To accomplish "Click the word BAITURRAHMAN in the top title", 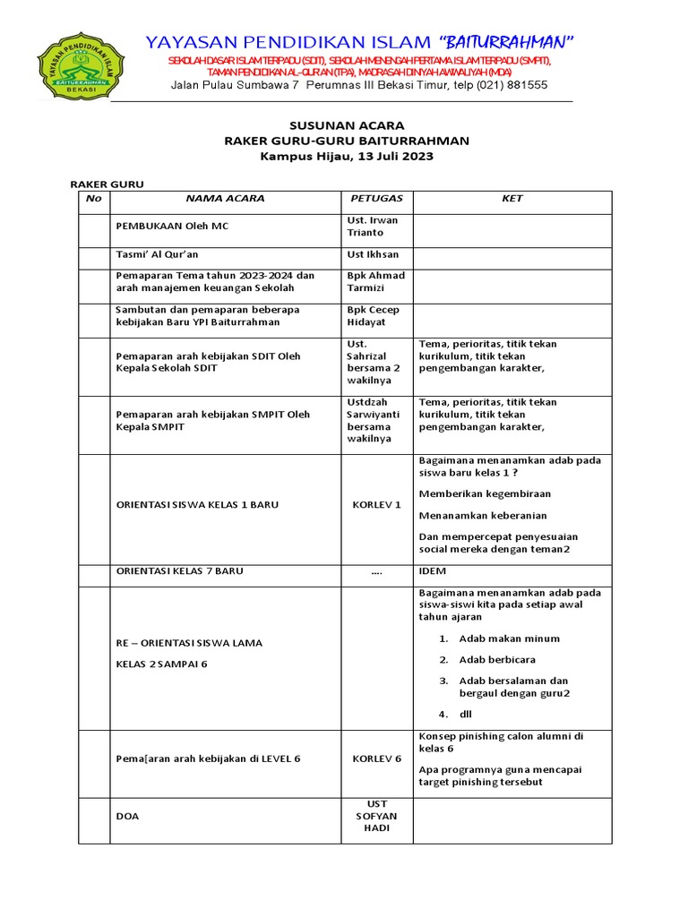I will coord(506,42).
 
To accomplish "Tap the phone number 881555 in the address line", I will coord(528,85).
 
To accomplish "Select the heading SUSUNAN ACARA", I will coord(346,125).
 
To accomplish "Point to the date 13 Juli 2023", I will coord(383,156).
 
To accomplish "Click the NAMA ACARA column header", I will coord(225,199).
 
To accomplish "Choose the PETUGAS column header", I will coord(376,199).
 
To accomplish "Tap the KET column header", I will coord(512,199).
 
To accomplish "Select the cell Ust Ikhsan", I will coord(373,255).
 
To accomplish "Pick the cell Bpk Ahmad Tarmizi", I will coord(375,282).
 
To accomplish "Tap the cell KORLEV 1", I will coord(376,505).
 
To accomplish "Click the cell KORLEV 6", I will coord(376,759).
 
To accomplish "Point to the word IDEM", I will coord(433,571).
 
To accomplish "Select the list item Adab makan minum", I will coord(509,639).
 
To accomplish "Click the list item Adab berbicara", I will coord(497,660).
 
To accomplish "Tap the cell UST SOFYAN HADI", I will coord(376,817).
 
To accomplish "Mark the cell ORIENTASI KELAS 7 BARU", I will coord(180,571).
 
